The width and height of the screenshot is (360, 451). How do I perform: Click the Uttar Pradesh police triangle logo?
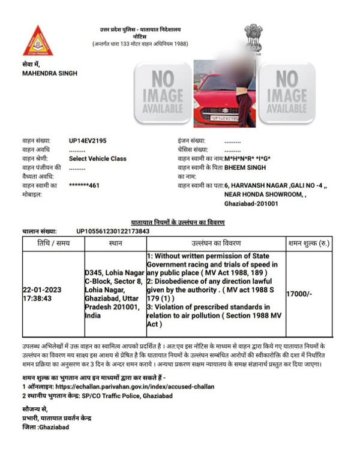(38, 41)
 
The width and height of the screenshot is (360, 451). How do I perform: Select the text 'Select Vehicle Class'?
(98, 158)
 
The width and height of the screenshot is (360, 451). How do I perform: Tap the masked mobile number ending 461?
(84, 185)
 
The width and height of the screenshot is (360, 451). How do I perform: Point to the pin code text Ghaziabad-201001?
(252, 205)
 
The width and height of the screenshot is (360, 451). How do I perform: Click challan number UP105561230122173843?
(113, 231)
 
